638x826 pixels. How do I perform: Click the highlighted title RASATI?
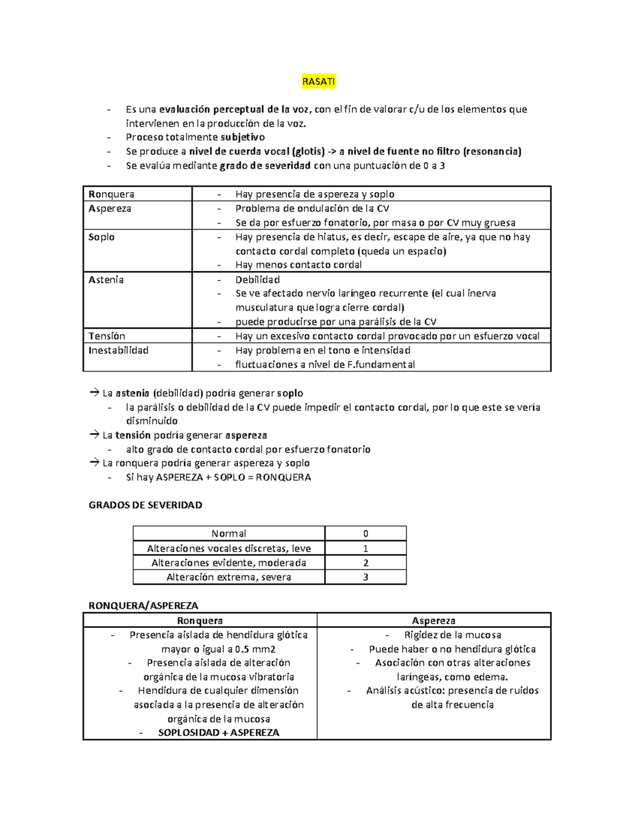(x=318, y=82)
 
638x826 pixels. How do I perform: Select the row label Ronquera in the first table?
(x=111, y=194)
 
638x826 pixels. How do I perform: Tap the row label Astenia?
(x=106, y=280)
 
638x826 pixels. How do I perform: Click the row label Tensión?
(x=107, y=336)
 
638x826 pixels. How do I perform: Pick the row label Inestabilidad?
(x=118, y=351)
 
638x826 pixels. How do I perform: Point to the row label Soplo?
(x=102, y=237)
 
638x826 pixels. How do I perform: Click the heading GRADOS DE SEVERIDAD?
(x=145, y=505)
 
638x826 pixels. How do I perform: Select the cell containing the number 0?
(x=365, y=534)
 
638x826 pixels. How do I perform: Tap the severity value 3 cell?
(x=365, y=577)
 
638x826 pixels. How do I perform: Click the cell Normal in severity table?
(x=229, y=534)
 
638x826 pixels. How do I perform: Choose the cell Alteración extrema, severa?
(x=229, y=577)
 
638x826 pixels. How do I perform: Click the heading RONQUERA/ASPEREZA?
(x=143, y=606)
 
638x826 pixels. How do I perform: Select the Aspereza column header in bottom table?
(x=433, y=621)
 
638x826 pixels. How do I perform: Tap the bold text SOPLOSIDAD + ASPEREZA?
(x=219, y=733)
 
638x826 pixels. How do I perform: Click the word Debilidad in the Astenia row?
(x=257, y=280)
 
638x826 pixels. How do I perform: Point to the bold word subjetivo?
(x=242, y=137)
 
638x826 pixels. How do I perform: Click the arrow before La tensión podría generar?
(x=94, y=435)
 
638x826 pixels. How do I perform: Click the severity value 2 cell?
(x=365, y=563)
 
